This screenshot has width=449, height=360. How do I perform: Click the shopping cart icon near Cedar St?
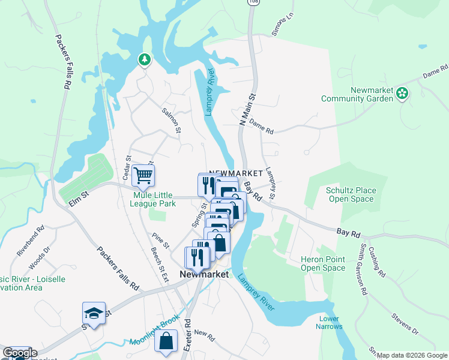pos(143,175)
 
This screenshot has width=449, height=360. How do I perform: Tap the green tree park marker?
pos(144,59)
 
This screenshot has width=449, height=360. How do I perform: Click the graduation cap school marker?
pos(94,313)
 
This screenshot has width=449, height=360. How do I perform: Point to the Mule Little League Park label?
pos(152,200)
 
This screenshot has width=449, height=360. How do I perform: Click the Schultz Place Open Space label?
pos(351,195)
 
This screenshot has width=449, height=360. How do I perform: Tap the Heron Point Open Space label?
pos(323,263)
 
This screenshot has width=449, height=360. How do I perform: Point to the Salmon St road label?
pos(172,119)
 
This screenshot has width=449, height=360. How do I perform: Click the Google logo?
pos(19,353)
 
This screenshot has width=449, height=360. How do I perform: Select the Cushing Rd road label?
pos(376,264)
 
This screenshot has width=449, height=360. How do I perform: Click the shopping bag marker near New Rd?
pos(166,341)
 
